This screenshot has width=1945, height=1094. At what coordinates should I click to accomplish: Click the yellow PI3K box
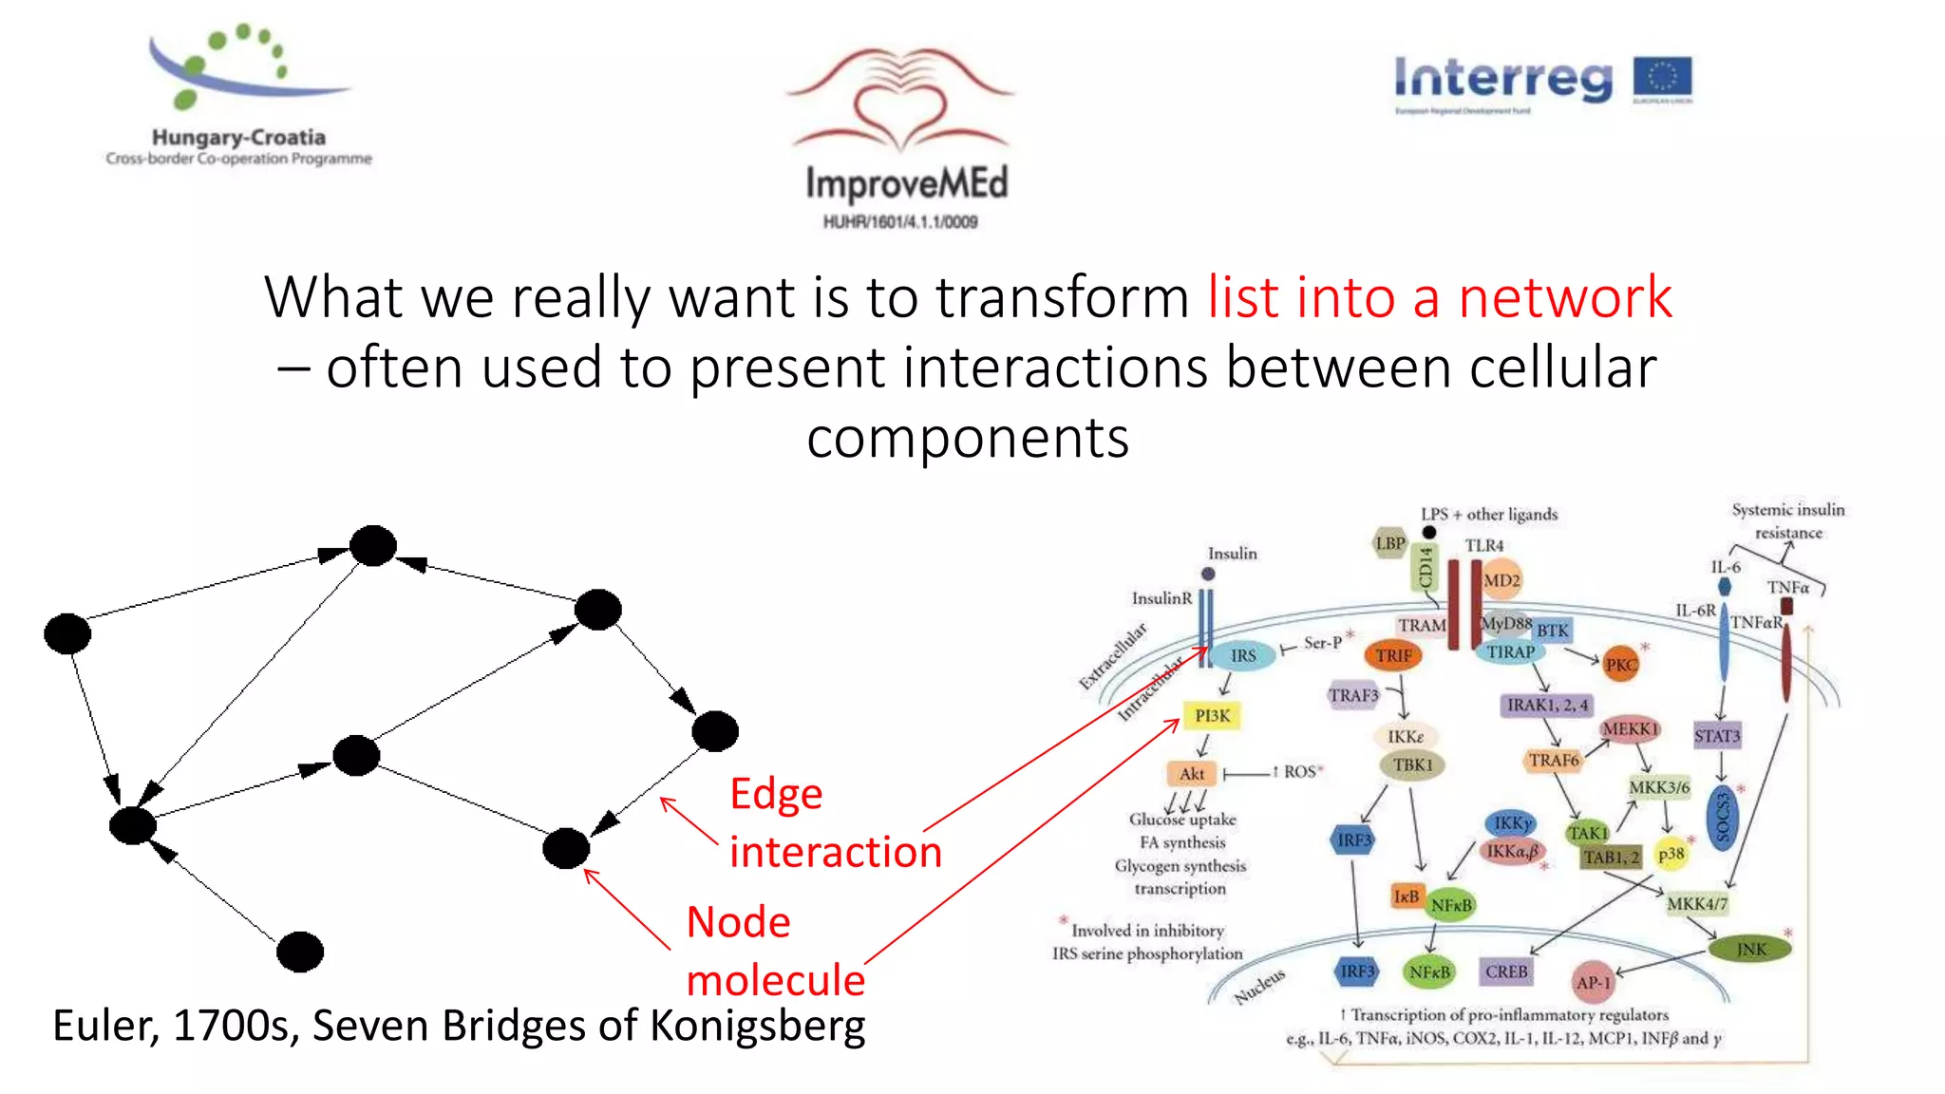point(1212,715)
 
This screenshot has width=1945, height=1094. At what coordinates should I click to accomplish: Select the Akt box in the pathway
point(1191,773)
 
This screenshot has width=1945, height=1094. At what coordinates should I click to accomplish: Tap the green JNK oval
point(1750,949)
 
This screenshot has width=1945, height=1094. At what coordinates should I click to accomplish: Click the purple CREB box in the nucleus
point(1506,971)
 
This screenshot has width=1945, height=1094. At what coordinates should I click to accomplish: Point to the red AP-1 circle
point(1593,983)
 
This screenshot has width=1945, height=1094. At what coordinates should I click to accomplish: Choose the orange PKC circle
point(1620,665)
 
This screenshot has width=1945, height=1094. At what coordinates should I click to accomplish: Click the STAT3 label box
point(1716,735)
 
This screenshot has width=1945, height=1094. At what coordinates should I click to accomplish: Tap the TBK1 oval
point(1412,764)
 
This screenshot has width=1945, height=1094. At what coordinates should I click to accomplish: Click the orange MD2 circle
point(1501,580)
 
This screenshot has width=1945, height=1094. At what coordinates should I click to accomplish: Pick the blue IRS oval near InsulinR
point(1242,655)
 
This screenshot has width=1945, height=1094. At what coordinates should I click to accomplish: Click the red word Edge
point(776,794)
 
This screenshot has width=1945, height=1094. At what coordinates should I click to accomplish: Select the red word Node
point(738,922)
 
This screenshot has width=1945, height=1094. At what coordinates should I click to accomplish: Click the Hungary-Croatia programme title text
point(238,138)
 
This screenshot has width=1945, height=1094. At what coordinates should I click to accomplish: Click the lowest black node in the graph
point(300,951)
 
